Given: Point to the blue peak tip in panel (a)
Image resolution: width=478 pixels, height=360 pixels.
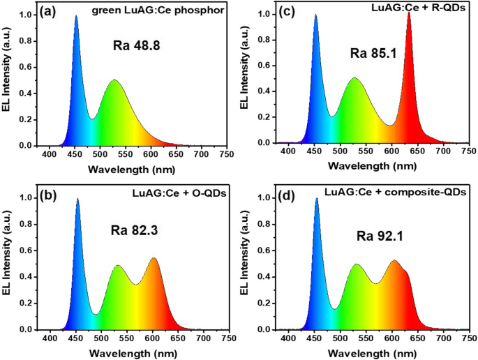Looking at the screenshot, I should tap(76, 16).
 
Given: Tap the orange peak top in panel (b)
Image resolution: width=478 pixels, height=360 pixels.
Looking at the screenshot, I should tap(153, 258).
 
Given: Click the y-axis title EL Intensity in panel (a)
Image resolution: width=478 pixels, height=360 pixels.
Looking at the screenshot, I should tap(8, 77).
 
